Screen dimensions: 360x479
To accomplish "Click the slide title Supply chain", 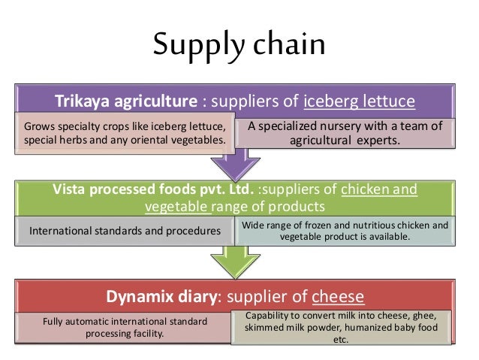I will point(239,45).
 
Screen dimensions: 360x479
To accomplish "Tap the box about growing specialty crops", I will point(124,132).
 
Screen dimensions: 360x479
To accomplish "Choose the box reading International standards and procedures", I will point(125,231).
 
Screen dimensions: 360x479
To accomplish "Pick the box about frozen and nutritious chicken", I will point(345,231).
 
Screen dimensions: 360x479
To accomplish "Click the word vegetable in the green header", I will point(176,205).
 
